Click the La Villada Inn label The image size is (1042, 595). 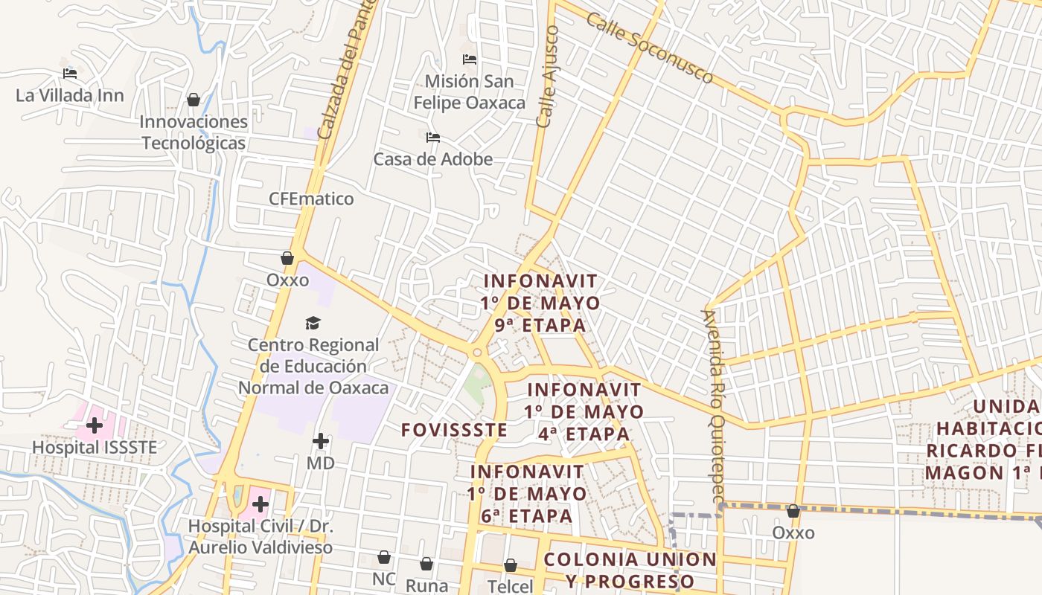pyautogui.click(x=70, y=95)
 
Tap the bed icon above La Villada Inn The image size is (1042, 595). pyautogui.click(x=70, y=74)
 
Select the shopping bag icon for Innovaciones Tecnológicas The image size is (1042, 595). pyautogui.click(x=194, y=100)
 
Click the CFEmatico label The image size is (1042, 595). pyautogui.click(x=311, y=199)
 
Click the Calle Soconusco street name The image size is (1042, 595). pyautogui.click(x=649, y=48)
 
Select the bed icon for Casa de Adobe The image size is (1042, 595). pyautogui.click(x=433, y=138)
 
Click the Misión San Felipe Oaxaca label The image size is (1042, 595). pyautogui.click(x=469, y=91)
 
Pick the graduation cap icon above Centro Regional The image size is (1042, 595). pyautogui.click(x=313, y=324)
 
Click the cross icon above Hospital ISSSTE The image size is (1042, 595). pyautogui.click(x=95, y=426)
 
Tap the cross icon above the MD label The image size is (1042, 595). pyautogui.click(x=321, y=442)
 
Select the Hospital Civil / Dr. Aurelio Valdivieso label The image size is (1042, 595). pyautogui.click(x=260, y=536)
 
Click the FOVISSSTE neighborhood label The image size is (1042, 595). pyautogui.click(x=454, y=430)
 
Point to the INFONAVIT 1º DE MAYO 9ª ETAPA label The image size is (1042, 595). pyautogui.click(x=540, y=303)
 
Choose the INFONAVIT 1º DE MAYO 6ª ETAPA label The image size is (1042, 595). pyautogui.click(x=527, y=493)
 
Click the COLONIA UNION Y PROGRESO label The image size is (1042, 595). pyautogui.click(x=630, y=570)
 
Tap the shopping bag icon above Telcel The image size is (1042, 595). pyautogui.click(x=511, y=566)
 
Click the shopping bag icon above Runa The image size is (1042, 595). pyautogui.click(x=426, y=565)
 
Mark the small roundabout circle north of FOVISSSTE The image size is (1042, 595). pyautogui.click(x=477, y=353)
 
